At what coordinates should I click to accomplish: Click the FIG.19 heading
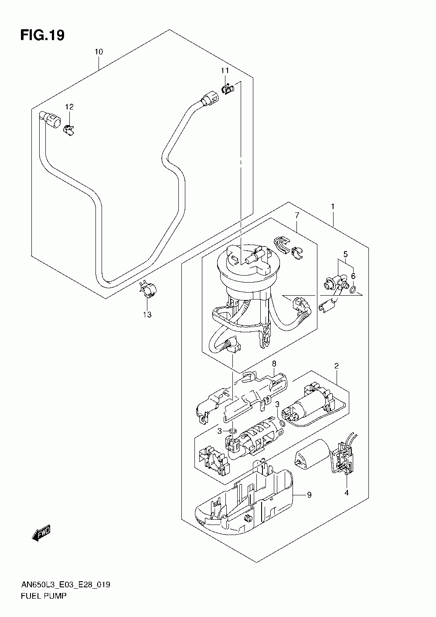42,35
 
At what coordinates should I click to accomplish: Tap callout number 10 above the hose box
99,52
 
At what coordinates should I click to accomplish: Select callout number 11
225,71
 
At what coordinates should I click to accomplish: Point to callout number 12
69,106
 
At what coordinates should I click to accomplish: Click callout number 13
147,314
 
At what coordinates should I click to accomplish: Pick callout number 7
297,215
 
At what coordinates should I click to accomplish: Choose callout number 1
333,207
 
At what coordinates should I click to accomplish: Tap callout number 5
345,254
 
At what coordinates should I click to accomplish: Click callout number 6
353,276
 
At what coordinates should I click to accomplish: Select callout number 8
274,364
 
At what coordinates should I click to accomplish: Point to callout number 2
336,366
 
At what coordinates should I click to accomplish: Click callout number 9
309,495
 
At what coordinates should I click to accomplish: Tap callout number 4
347,493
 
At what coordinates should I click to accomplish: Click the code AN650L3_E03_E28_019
65,584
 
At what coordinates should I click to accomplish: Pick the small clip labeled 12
69,130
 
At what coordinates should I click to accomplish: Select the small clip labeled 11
228,89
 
